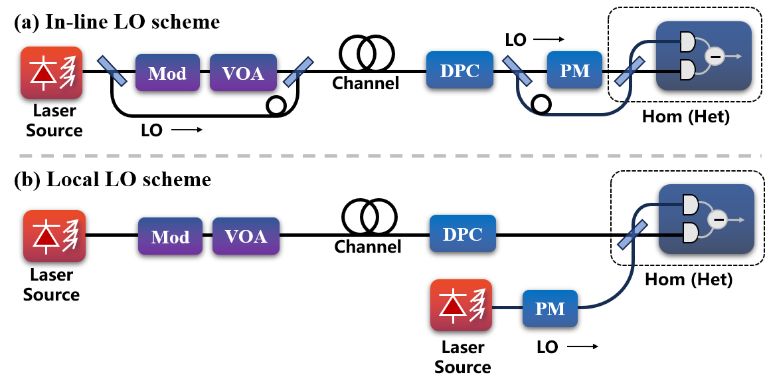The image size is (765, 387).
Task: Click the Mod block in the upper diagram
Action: (x=167, y=72)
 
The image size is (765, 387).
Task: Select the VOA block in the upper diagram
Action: (x=243, y=72)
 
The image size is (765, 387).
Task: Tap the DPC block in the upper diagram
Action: (x=460, y=70)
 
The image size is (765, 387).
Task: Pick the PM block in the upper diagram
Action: (x=574, y=70)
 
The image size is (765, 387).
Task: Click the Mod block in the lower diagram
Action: (x=170, y=236)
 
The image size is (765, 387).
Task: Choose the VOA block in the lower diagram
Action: (x=246, y=236)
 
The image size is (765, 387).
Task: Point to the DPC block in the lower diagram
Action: (x=463, y=233)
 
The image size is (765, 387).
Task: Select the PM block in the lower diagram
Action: (x=550, y=309)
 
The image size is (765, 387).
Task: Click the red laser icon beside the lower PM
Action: (x=461, y=305)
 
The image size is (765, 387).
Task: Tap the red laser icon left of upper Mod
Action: (x=51, y=72)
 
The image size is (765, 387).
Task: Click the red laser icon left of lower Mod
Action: (x=54, y=236)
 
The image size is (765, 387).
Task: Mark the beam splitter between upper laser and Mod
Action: (x=112, y=71)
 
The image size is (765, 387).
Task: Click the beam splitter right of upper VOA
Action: (x=298, y=72)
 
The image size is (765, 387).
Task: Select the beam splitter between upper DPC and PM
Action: (x=517, y=70)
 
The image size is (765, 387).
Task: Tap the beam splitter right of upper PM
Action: (x=630, y=71)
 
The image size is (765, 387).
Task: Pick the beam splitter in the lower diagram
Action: (x=632, y=235)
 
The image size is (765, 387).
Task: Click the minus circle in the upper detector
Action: (x=715, y=57)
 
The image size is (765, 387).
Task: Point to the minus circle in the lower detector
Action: (x=717, y=219)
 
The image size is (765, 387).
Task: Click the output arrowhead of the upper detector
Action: (x=739, y=57)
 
